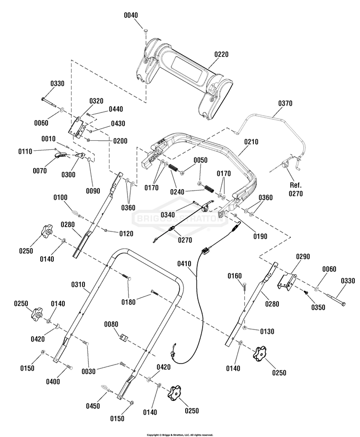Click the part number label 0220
[x=221, y=54]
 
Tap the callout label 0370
[x=285, y=103]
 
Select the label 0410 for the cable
[x=184, y=264]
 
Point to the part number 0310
[x=78, y=285]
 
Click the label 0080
[x=111, y=324]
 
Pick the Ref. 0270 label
[x=296, y=189]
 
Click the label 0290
[x=303, y=256]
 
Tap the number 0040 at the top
[x=131, y=15]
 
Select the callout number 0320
[x=96, y=101]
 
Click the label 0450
[x=93, y=406]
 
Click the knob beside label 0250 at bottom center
[x=174, y=392]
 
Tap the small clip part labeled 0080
[x=124, y=338]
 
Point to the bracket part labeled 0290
[x=287, y=282]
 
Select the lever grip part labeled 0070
[x=60, y=155]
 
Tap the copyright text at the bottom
[x=180, y=435]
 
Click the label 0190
[x=260, y=236]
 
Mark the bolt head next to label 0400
[x=71, y=368]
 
